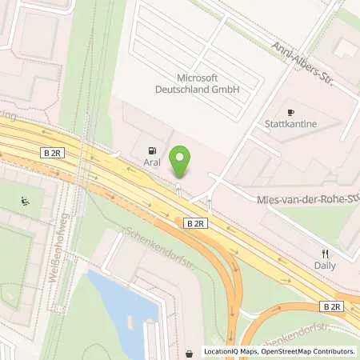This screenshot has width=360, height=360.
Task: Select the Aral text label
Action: click(x=152, y=162)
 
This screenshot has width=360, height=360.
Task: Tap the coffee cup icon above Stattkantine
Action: click(x=291, y=113)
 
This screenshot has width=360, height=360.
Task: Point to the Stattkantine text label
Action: click(x=291, y=125)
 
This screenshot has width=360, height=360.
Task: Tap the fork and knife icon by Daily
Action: click(x=326, y=254)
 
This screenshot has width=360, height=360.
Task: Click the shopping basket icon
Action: click(x=189, y=353)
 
